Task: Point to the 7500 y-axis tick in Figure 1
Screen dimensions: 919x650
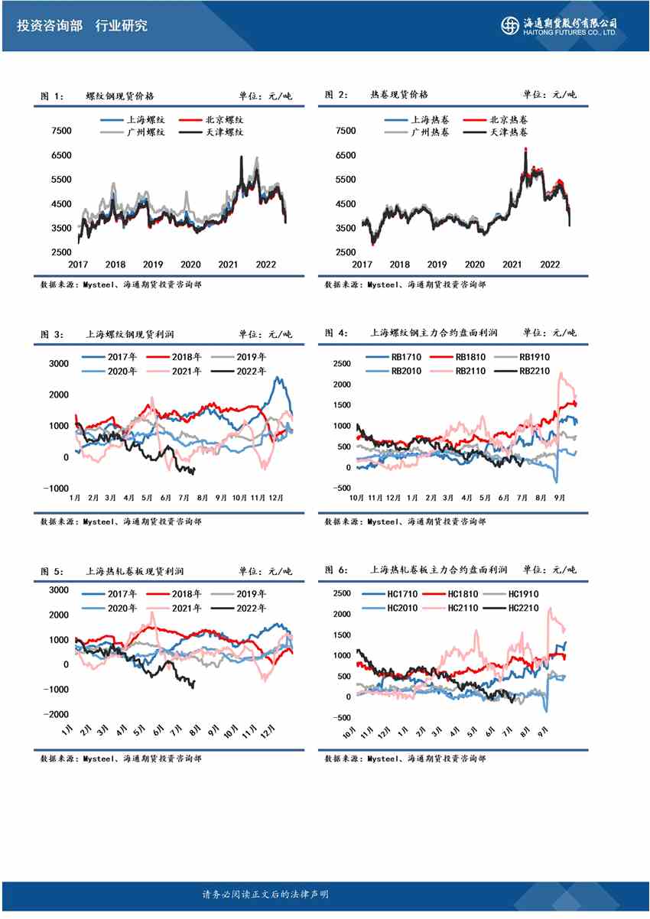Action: [60, 131]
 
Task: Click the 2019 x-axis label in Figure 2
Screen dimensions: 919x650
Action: [437, 265]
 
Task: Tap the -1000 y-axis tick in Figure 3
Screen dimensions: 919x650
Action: [58, 489]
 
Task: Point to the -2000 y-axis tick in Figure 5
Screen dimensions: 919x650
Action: [58, 714]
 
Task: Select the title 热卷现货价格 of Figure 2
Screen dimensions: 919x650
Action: [399, 95]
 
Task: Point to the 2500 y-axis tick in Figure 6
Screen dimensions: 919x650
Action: [342, 593]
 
